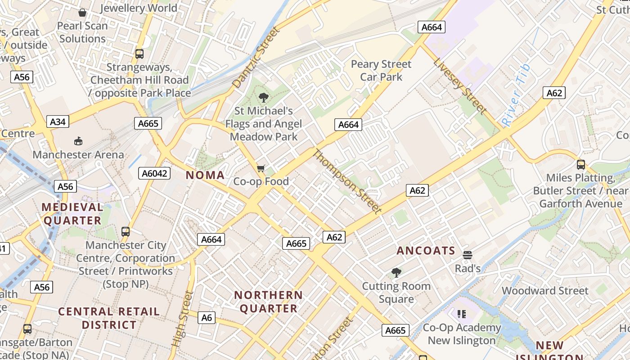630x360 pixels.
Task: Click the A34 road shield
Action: point(58,121)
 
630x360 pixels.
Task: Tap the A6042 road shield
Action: point(156,173)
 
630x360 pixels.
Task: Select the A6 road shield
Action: point(207,318)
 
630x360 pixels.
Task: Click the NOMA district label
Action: point(205,175)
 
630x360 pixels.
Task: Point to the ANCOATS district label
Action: point(426,251)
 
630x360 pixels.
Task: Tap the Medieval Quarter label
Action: point(72,214)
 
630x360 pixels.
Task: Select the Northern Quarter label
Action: point(269,301)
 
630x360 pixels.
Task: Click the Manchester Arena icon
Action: point(78,141)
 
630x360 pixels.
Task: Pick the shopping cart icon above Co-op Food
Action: point(261,169)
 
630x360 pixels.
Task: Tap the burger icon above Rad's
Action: point(468,255)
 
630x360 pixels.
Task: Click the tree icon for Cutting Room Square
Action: point(396,272)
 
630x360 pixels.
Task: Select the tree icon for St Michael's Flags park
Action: point(264,97)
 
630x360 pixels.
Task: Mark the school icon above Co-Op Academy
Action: point(461,314)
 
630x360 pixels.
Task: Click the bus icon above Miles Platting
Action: point(580,165)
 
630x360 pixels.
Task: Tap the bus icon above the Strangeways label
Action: point(139,54)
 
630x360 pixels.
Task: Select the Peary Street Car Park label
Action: point(381,70)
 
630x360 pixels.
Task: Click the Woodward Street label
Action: point(545,291)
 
